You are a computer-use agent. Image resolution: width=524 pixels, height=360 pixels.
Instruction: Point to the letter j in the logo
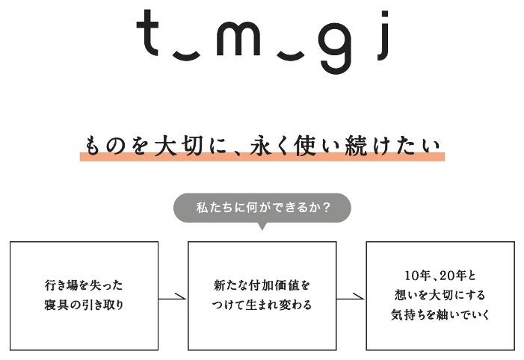[x=383, y=41]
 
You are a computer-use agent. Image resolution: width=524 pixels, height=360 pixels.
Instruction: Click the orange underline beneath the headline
[x=262, y=158]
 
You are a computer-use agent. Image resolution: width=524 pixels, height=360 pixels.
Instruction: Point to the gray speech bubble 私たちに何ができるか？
[x=262, y=208]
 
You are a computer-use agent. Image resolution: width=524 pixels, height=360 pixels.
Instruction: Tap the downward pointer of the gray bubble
[x=262, y=226]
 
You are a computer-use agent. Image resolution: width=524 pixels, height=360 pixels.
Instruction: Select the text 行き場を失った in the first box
[x=84, y=285]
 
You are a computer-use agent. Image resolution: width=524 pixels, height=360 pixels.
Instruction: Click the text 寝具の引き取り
[x=84, y=305]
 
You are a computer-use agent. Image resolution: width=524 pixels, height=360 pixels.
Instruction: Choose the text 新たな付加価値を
[x=261, y=285]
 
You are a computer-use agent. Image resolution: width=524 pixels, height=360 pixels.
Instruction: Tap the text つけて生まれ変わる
[x=261, y=305]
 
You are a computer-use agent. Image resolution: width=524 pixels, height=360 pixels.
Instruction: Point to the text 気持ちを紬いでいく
[x=440, y=314]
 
